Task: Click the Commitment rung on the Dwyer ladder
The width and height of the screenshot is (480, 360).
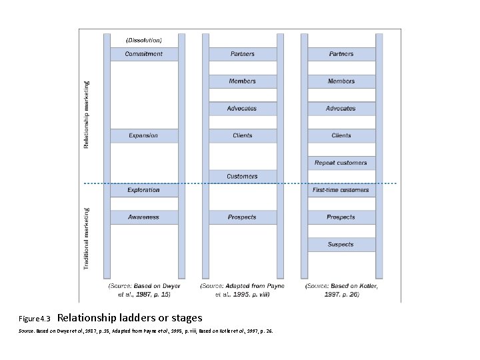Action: point(144,54)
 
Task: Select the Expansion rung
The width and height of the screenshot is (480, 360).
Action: point(144,135)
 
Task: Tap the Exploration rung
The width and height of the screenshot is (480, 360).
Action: point(144,190)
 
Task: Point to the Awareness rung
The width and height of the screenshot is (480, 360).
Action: point(144,217)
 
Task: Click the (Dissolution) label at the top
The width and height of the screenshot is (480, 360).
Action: point(144,40)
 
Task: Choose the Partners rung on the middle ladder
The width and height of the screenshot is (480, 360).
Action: point(242,54)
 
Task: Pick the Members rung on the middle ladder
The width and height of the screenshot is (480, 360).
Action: point(242,81)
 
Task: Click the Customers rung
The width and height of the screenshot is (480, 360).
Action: point(242,177)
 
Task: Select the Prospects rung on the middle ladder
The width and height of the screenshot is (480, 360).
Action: point(242,217)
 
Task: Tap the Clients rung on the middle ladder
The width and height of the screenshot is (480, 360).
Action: point(242,135)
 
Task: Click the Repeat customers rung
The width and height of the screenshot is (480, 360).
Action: point(341,163)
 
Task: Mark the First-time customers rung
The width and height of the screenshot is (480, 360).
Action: point(341,190)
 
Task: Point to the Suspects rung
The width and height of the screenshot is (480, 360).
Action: point(341,245)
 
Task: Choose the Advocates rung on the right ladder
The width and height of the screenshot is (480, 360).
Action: point(341,108)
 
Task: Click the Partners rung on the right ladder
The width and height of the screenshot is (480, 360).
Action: point(341,54)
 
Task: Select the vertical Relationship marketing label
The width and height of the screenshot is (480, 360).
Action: point(86,115)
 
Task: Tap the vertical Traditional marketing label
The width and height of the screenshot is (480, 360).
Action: point(86,238)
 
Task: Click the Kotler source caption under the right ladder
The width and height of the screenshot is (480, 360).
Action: point(341,290)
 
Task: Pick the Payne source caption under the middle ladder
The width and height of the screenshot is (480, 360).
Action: point(242,290)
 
